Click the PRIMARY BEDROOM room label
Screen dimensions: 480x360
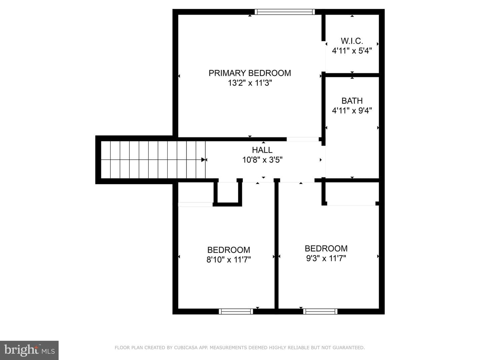[250, 73]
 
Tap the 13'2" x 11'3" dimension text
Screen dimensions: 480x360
[250, 83]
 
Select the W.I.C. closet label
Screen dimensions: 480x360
[352, 41]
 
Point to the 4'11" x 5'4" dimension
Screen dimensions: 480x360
[352, 51]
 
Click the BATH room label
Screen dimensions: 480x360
[352, 101]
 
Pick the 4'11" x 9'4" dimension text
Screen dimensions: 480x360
[352, 111]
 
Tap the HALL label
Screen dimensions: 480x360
[262, 150]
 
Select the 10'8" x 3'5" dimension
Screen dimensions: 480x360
[262, 160]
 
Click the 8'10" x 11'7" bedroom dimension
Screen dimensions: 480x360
[229, 260]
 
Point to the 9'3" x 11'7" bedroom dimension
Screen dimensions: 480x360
[326, 258]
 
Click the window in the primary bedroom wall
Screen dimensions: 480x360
[285, 12]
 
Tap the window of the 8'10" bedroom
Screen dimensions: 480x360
[236, 311]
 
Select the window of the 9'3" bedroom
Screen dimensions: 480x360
[320, 311]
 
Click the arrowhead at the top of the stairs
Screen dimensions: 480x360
[203, 160]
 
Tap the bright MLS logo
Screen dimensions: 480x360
[29, 350]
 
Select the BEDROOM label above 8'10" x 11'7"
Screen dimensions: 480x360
[229, 250]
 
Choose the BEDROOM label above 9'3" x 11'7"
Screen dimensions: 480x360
[326, 249]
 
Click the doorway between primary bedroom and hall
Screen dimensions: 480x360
[303, 139]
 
